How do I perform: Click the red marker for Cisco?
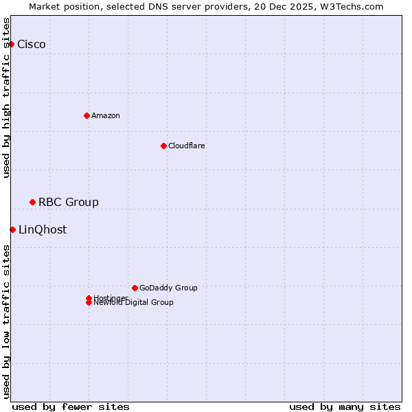(11, 45)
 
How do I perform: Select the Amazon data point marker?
(87, 115)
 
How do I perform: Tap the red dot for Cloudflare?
(163, 146)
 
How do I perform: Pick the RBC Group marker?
(32, 202)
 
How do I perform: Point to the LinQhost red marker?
(12, 229)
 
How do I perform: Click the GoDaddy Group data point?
(135, 288)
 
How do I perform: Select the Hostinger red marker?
(89, 298)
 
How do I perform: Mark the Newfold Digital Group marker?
(89, 303)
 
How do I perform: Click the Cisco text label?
(32, 45)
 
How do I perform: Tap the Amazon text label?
(106, 115)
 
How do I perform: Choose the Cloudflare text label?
(187, 146)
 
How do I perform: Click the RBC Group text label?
(69, 202)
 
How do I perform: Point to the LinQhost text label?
(43, 229)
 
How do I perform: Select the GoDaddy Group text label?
(168, 288)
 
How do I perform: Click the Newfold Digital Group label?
(134, 303)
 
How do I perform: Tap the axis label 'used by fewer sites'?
(71, 407)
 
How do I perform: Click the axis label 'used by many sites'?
(345, 407)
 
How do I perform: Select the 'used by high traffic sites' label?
(7, 98)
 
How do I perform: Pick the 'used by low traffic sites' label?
(7, 321)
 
